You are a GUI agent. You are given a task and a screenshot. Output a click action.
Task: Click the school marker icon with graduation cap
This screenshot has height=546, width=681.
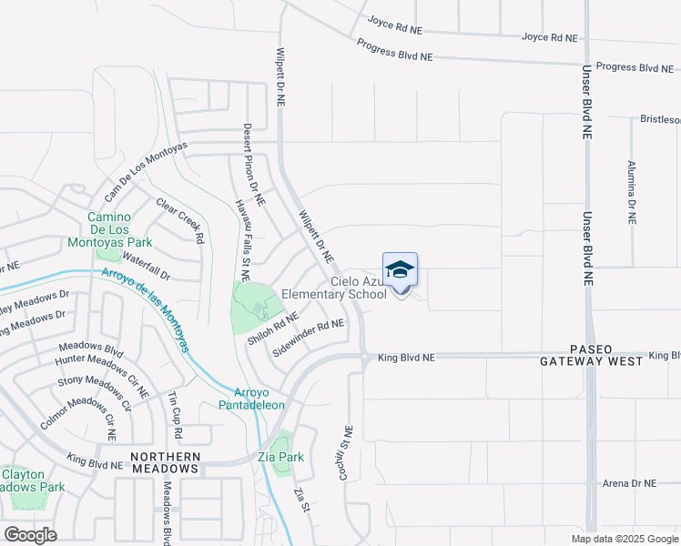(400, 270)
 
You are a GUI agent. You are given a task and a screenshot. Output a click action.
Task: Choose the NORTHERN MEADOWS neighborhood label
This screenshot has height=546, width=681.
(164, 462)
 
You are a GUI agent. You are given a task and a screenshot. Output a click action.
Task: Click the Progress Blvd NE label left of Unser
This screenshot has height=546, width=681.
(394, 50)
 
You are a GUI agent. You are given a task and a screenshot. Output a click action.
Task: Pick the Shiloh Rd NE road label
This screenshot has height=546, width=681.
(272, 329)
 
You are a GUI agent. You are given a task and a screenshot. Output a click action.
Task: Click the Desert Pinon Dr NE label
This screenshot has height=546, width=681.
(253, 164)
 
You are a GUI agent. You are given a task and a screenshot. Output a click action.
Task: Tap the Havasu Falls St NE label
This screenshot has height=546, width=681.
(241, 238)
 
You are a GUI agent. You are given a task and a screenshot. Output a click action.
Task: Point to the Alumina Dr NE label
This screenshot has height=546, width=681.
(631, 192)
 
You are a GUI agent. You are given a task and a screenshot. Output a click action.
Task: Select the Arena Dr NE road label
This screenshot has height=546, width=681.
(635, 483)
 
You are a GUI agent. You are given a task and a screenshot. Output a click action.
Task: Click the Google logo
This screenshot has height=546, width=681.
(30, 535)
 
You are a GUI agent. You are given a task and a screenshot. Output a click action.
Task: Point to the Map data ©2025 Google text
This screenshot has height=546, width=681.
(623, 539)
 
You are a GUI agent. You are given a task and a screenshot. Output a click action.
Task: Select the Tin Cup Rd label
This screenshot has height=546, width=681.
(175, 414)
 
